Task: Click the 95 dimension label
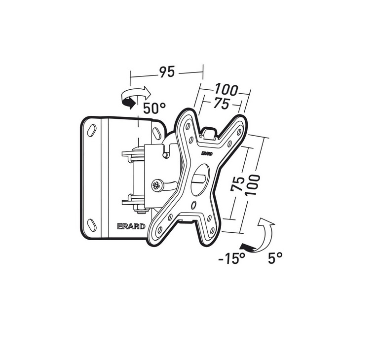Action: click(x=166, y=72)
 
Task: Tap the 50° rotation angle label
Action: click(x=154, y=108)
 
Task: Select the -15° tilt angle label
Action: click(x=232, y=258)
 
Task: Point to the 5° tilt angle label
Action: click(x=275, y=257)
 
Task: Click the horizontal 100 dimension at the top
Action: click(x=226, y=89)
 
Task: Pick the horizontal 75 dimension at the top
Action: click(x=221, y=104)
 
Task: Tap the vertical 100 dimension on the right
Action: click(x=252, y=185)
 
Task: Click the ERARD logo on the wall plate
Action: click(x=131, y=226)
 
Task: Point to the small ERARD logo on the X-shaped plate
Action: click(x=207, y=154)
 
